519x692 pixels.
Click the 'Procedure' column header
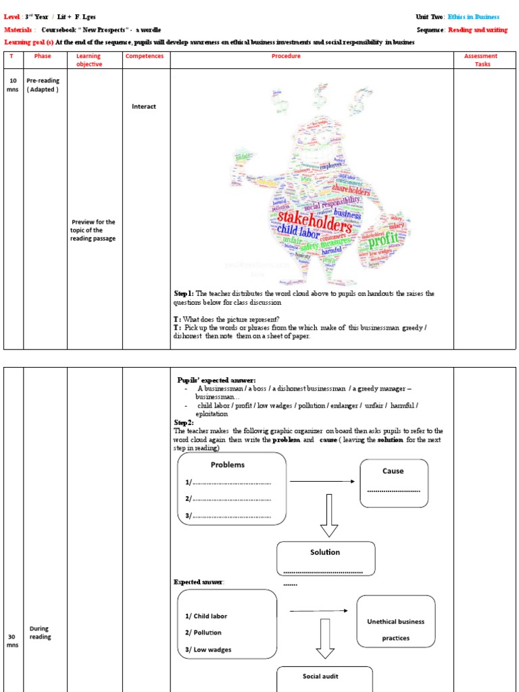[286, 56]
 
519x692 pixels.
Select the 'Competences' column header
[145, 56]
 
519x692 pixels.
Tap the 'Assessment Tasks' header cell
[480, 60]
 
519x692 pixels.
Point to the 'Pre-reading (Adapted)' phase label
[43, 85]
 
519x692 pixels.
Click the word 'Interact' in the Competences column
[144, 106]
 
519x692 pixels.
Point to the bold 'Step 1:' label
[184, 293]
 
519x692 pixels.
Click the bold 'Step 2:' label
[184, 422]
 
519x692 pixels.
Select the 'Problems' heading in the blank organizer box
[228, 465]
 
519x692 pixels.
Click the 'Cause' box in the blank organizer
[393, 482]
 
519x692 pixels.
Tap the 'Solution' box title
[325, 552]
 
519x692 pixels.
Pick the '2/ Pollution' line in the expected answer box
[203, 633]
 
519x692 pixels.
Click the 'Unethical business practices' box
[395, 629]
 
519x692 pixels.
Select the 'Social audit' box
[320, 676]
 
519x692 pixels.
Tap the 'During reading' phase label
[40, 633]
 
